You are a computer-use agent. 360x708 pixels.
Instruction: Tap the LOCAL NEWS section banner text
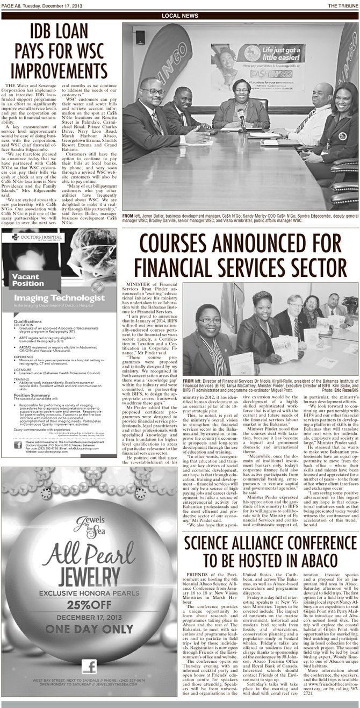[x=179, y=16]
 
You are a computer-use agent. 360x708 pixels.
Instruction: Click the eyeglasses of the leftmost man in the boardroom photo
[x=153, y=91]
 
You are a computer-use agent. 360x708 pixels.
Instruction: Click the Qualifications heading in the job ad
[x=29, y=321]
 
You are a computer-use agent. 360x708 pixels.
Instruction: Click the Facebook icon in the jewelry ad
[x=89, y=667]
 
